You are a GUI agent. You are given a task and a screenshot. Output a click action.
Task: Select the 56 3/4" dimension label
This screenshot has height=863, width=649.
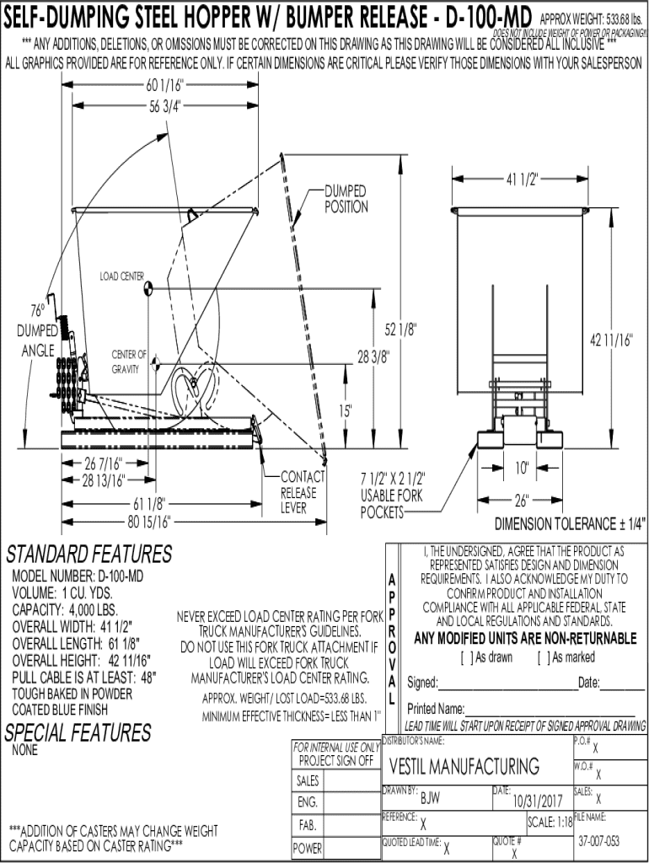tap(165, 105)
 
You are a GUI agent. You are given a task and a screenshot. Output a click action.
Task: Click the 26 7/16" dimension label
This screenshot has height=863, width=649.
tap(105, 464)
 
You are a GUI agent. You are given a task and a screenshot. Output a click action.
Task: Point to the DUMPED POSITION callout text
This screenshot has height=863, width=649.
tap(346, 199)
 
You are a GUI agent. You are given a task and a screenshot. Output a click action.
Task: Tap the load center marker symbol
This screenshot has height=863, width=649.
tap(147, 288)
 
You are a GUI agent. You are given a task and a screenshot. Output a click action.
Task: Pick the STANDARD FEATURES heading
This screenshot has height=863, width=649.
tap(88, 555)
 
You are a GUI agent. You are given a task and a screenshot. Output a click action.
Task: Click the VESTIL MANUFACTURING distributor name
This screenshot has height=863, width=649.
tap(464, 766)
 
